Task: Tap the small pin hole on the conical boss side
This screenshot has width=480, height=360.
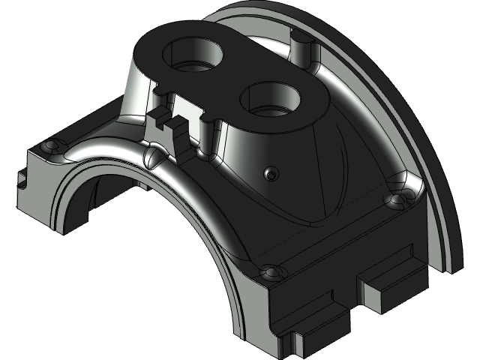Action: coord(270,174)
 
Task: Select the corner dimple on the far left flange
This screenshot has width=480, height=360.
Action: coord(51,145)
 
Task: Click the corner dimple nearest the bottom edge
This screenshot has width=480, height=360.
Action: coord(270,271)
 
